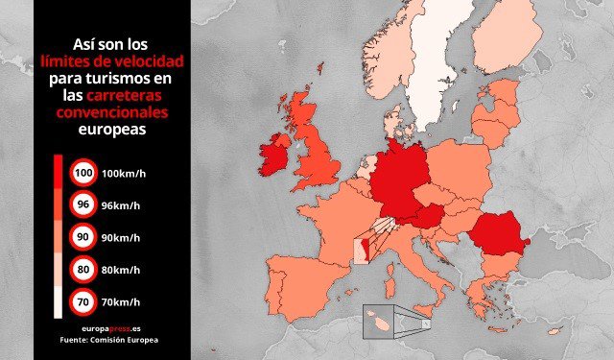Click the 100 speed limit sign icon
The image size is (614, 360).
tap(83, 174)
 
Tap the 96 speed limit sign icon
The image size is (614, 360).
tap(83, 205)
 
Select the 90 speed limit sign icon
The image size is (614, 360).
tap(83, 237)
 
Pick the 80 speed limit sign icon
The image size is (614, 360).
tap(83, 270)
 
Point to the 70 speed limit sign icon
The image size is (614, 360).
tap(83, 301)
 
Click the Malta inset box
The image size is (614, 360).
tap(382, 322)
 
